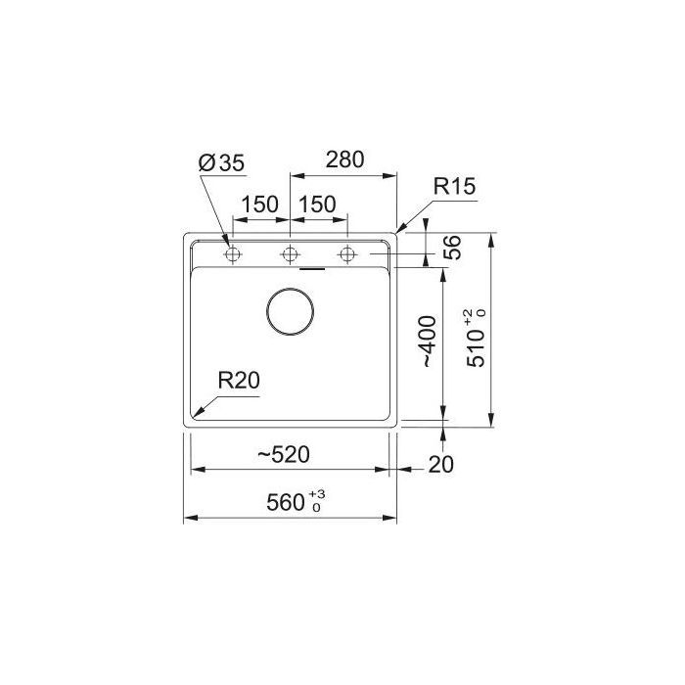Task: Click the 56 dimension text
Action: click(x=452, y=248)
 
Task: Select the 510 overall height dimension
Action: click(x=476, y=344)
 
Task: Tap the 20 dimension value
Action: click(x=442, y=466)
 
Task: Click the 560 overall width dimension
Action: click(x=286, y=504)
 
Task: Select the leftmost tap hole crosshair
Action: click(x=233, y=255)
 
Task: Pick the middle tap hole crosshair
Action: click(x=290, y=255)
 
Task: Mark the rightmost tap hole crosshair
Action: click(x=346, y=255)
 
